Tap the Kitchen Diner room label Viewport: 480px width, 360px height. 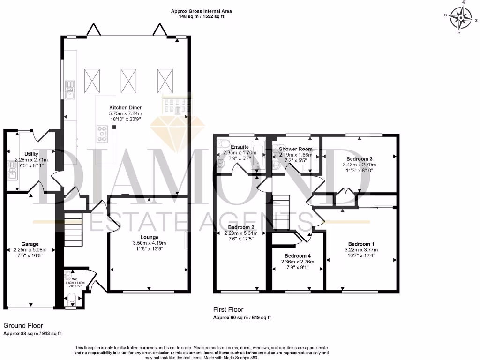[x=125, y=108]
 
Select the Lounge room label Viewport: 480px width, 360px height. [x=149, y=237]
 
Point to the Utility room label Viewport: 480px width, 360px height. [x=32, y=154]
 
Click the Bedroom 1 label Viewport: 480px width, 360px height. [x=361, y=244]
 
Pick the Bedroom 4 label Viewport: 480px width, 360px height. [x=297, y=255]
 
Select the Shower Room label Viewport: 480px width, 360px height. [x=295, y=149]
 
